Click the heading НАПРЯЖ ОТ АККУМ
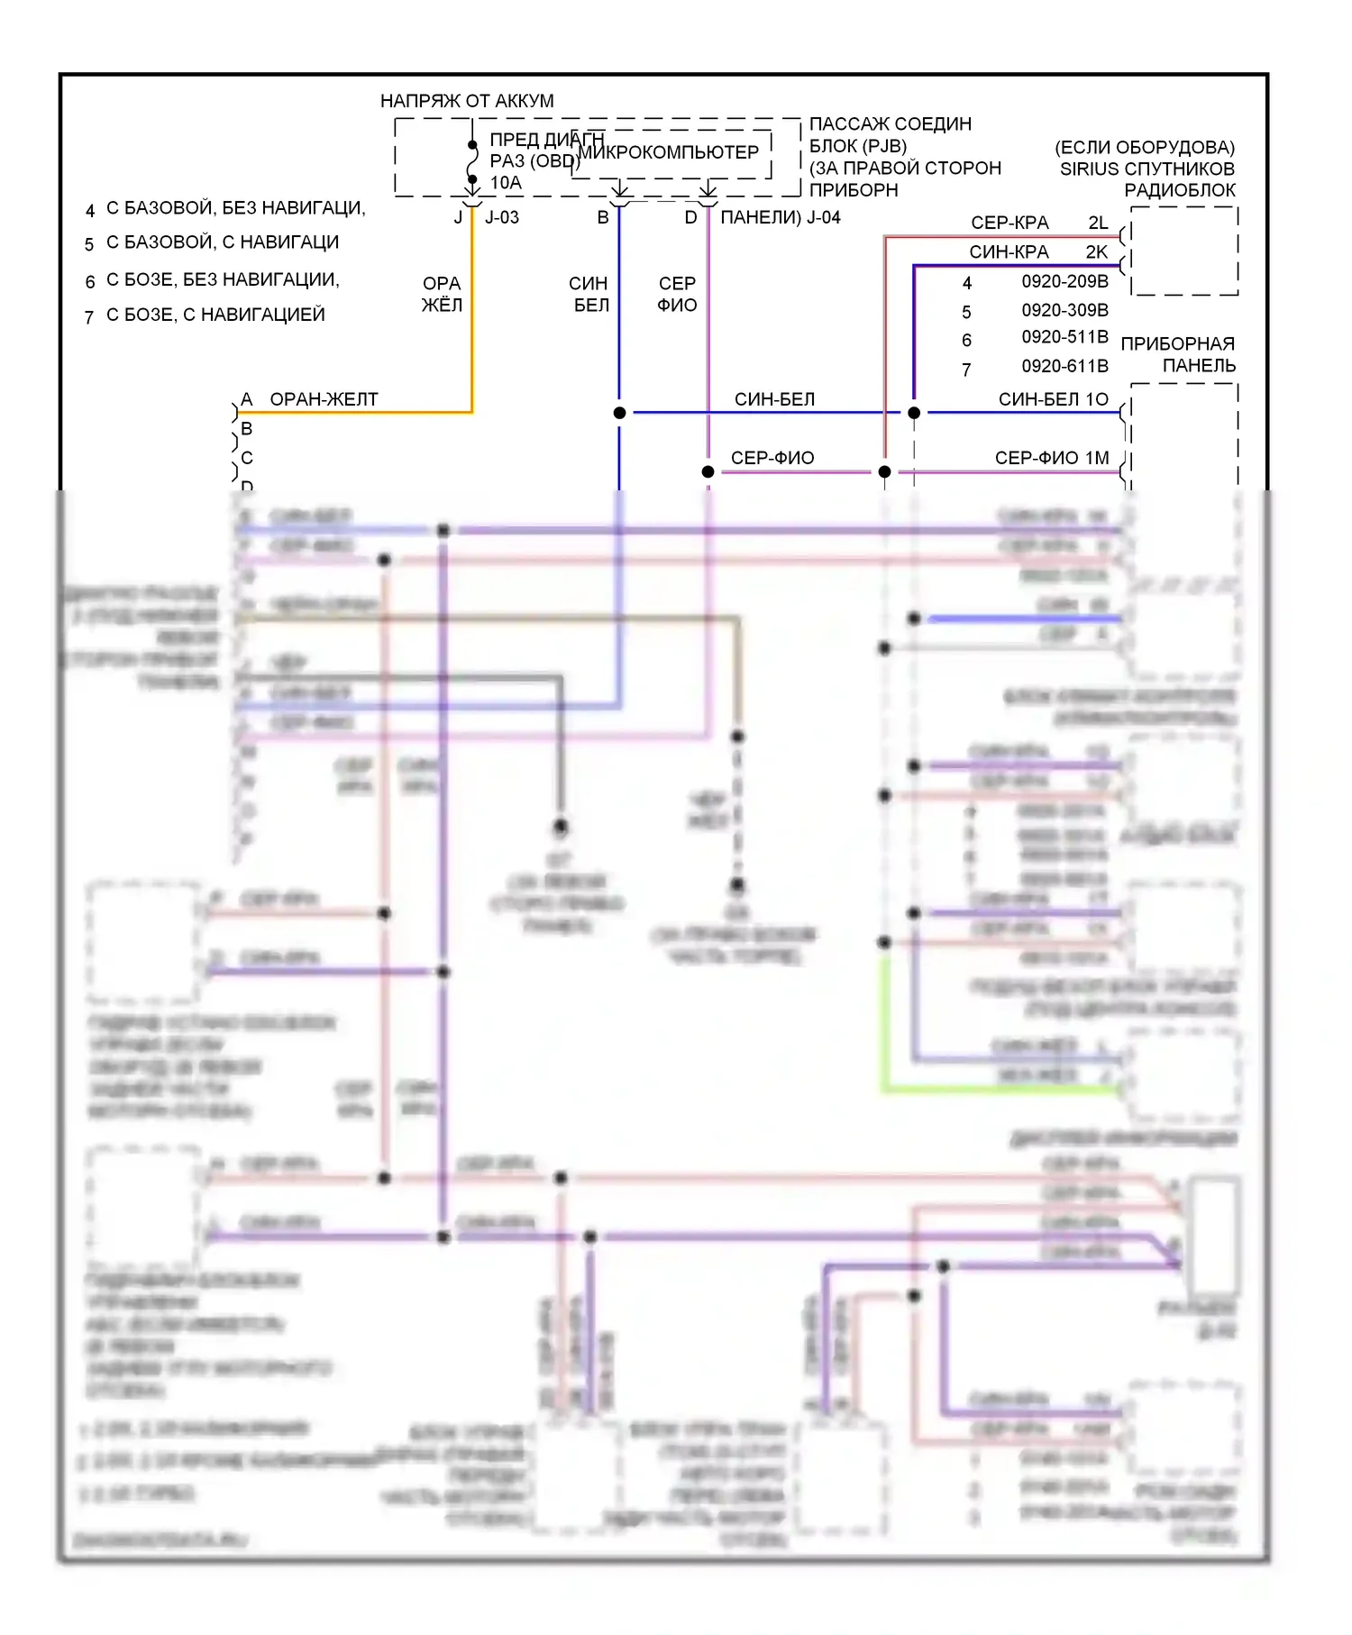click(467, 101)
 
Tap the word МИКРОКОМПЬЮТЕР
click(669, 152)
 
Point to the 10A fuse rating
click(506, 183)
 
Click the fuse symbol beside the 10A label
click(472, 165)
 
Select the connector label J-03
click(502, 217)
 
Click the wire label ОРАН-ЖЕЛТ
click(324, 399)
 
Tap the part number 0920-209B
click(1064, 281)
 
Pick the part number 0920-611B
click(1064, 366)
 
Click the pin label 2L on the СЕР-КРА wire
click(1098, 223)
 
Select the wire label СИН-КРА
click(1009, 252)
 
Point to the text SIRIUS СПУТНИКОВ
click(1146, 169)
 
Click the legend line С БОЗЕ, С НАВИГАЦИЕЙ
click(215, 315)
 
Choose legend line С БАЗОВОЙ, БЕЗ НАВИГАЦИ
click(236, 208)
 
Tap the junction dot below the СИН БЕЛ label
click(619, 413)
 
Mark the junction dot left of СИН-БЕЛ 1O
click(914, 413)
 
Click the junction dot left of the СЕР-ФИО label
click(708, 471)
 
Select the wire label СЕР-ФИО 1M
click(1051, 458)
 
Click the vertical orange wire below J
click(471, 315)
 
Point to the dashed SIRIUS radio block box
click(1184, 251)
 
